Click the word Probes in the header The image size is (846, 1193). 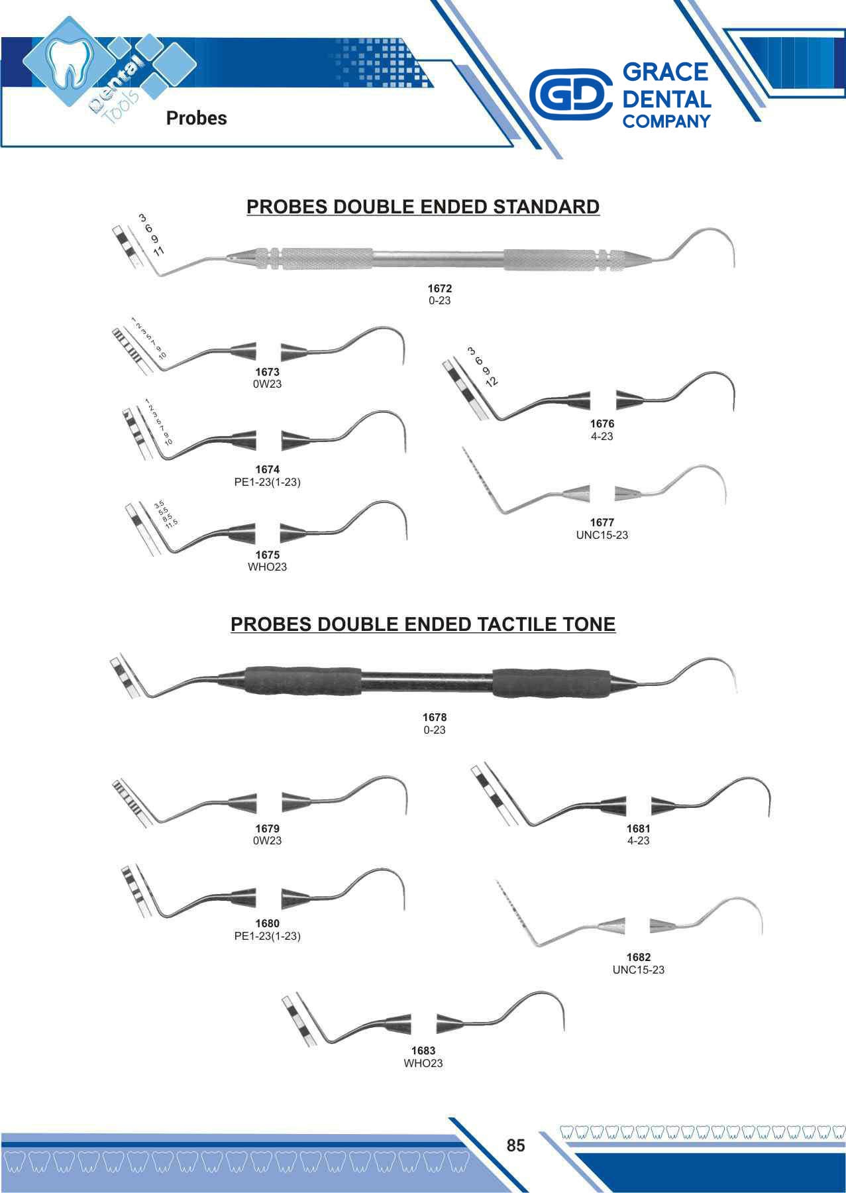pos(196,118)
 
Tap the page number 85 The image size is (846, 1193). pos(515,1145)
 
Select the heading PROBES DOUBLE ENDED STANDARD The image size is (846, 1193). pos(423,207)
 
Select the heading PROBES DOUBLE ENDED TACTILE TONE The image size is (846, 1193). pos(423,624)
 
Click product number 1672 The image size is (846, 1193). pos(439,288)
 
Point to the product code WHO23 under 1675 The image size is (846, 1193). pos(267,567)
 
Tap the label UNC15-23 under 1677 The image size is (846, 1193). pos(602,535)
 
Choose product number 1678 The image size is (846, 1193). pos(435,717)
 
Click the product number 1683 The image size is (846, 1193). pos(423,1051)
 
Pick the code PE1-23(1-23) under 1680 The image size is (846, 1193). pos(267,936)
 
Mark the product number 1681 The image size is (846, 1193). pos(639,828)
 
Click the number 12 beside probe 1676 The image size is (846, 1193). pos(491,381)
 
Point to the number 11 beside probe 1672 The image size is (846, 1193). pos(159,251)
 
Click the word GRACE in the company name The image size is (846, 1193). pos(666,72)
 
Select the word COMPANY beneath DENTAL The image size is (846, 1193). pos(666,122)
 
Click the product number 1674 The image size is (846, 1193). pos(267,470)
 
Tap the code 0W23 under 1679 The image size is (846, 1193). pos(267,840)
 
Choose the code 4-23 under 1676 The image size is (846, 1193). pos(602,436)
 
